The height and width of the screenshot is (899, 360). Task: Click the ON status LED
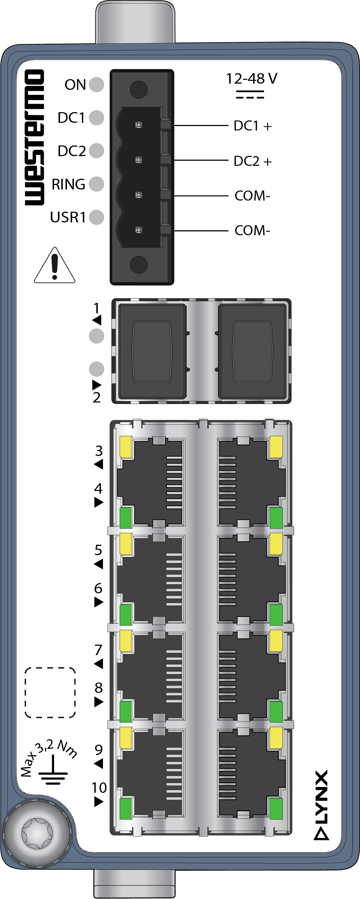click(x=97, y=84)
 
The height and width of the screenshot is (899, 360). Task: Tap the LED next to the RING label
click(x=97, y=184)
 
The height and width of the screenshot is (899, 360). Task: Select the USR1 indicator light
click(x=97, y=217)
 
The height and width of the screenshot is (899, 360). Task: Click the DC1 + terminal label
click(x=252, y=126)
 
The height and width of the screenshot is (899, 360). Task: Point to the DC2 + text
click(x=252, y=161)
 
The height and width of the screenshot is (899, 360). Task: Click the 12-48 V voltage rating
click(x=251, y=78)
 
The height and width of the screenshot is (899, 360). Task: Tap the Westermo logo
click(x=35, y=137)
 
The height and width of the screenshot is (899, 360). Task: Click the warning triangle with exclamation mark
click(x=54, y=265)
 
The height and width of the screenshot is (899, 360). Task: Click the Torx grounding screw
click(x=37, y=833)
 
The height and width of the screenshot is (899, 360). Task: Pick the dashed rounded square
click(x=50, y=693)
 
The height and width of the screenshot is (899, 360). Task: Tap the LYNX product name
click(x=321, y=804)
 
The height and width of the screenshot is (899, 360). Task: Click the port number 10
click(x=99, y=787)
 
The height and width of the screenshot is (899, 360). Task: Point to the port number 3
click(x=99, y=451)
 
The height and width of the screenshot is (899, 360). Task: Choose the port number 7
click(x=99, y=650)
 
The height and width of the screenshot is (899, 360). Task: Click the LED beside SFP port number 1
click(x=97, y=336)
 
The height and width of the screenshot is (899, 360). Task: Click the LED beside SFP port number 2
click(x=97, y=369)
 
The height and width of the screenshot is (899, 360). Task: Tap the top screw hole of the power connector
click(x=138, y=89)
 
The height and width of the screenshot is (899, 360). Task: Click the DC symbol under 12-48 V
click(x=250, y=95)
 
